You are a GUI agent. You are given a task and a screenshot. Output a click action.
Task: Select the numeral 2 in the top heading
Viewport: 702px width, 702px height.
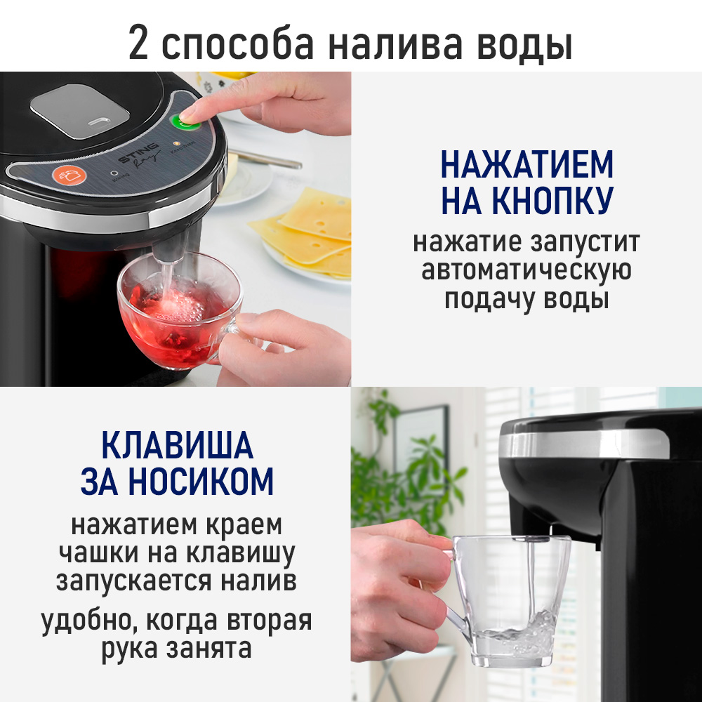click(139, 44)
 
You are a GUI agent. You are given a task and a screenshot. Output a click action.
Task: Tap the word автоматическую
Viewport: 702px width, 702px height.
click(526, 271)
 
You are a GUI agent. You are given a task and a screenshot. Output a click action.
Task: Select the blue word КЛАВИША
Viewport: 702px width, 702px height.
click(176, 446)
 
